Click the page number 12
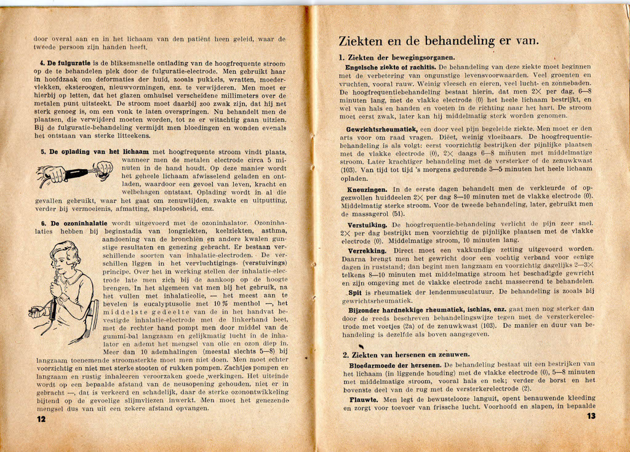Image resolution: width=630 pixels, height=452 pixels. (41, 419)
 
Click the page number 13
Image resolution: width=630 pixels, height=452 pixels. (591, 416)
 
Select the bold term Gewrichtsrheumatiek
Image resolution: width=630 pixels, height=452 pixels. (381, 130)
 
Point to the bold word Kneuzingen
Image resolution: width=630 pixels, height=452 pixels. (367, 189)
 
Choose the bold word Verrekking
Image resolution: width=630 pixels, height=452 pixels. (367, 251)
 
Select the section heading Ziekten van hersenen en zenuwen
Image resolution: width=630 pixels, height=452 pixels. (406, 354)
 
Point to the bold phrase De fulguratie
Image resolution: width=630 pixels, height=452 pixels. (60, 63)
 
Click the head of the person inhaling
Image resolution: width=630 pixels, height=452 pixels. (65, 256)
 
